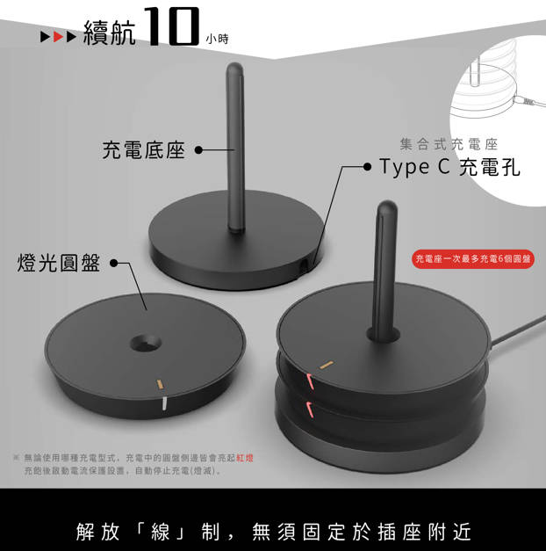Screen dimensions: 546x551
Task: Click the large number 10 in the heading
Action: click(172, 26)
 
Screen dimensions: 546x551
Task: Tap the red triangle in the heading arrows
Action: click(58, 37)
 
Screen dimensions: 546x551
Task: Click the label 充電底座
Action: click(144, 150)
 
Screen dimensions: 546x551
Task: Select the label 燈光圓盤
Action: click(59, 263)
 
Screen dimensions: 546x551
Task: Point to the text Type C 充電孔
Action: click(449, 167)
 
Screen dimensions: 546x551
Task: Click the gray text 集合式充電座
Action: click(449, 144)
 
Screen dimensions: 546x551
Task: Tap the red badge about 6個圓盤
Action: click(473, 259)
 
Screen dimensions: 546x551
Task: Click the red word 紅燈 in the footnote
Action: click(245, 458)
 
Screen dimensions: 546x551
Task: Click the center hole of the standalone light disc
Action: click(146, 344)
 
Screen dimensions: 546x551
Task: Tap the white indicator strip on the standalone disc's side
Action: click(164, 403)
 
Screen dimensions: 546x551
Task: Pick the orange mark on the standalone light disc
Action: click(160, 384)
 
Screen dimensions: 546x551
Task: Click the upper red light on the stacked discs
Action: click(310, 381)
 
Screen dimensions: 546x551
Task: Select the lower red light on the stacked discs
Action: click(310, 410)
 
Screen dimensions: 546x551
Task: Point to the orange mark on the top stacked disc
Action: click(327, 366)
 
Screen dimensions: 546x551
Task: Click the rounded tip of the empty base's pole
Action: click(234, 68)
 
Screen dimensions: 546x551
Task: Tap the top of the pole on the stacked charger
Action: click(387, 206)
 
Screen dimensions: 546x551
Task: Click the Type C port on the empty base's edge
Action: click(303, 264)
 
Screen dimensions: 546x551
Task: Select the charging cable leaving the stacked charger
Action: click(517, 330)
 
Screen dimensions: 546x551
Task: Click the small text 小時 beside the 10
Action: click(218, 39)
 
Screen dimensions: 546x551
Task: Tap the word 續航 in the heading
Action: click(109, 33)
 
